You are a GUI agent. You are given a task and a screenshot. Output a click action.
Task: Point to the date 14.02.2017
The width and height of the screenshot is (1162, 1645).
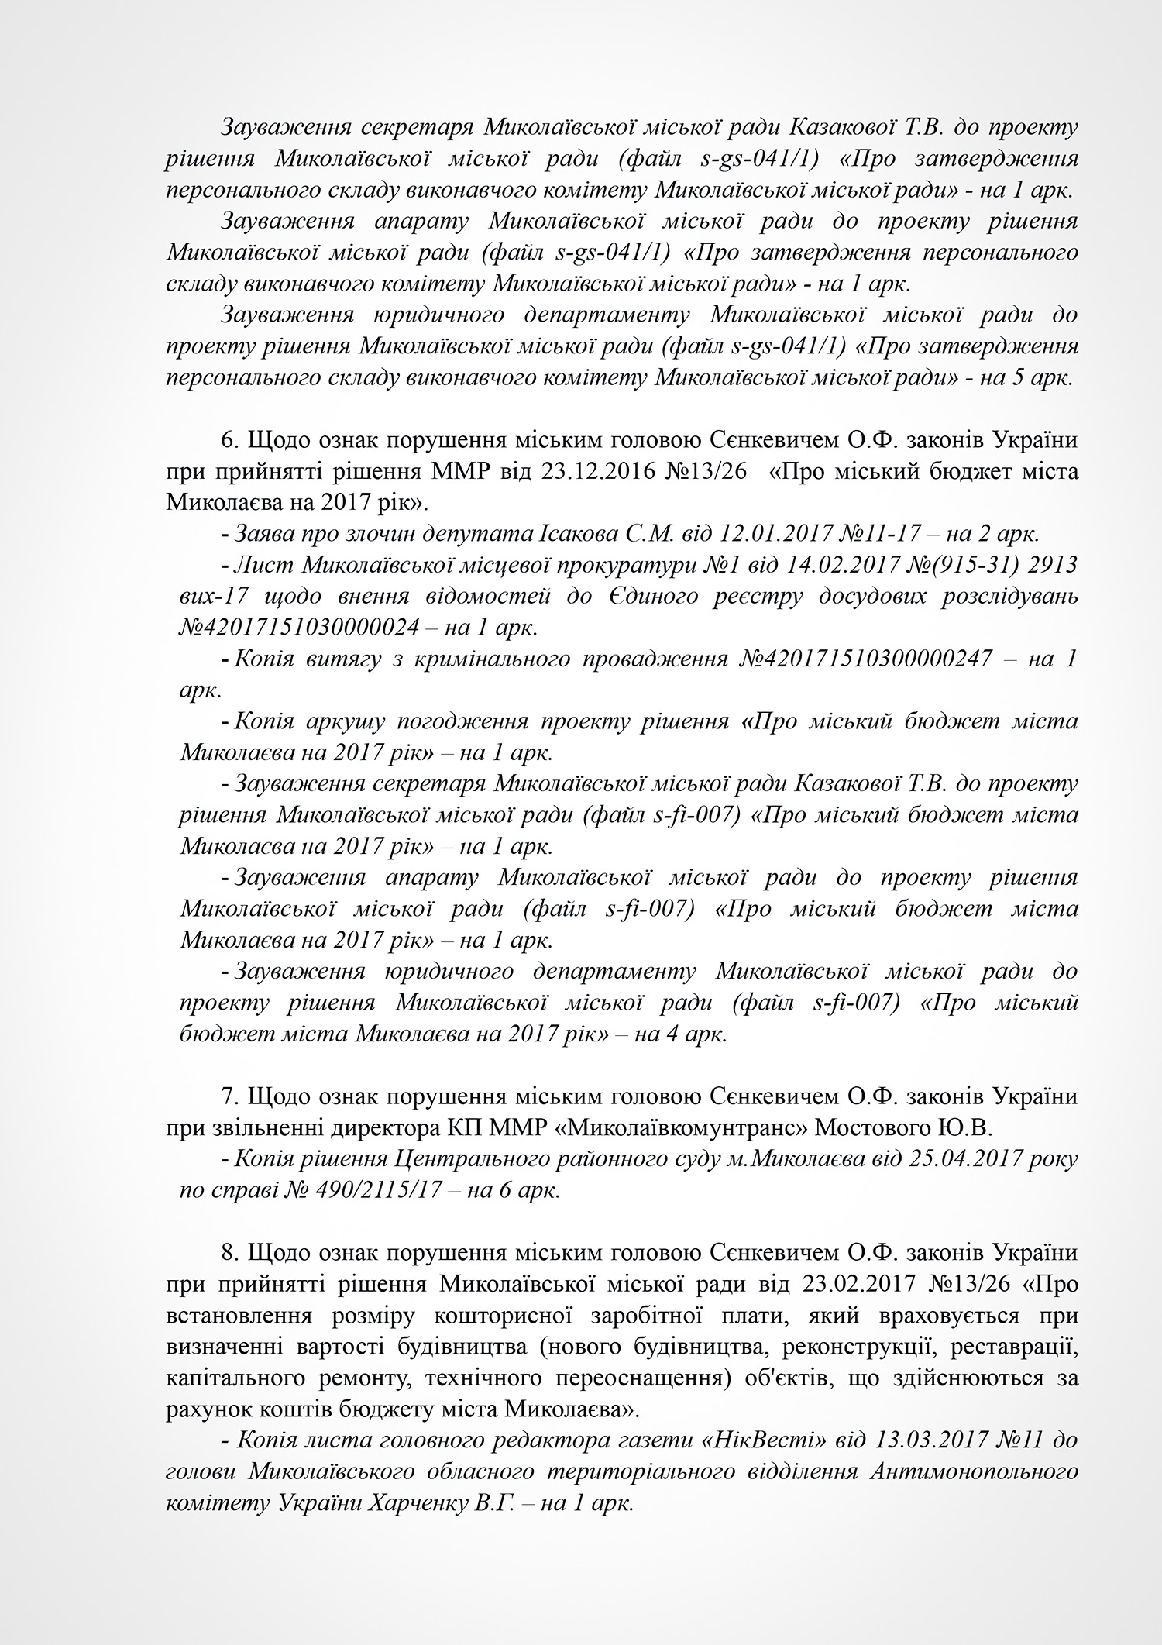810,565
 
